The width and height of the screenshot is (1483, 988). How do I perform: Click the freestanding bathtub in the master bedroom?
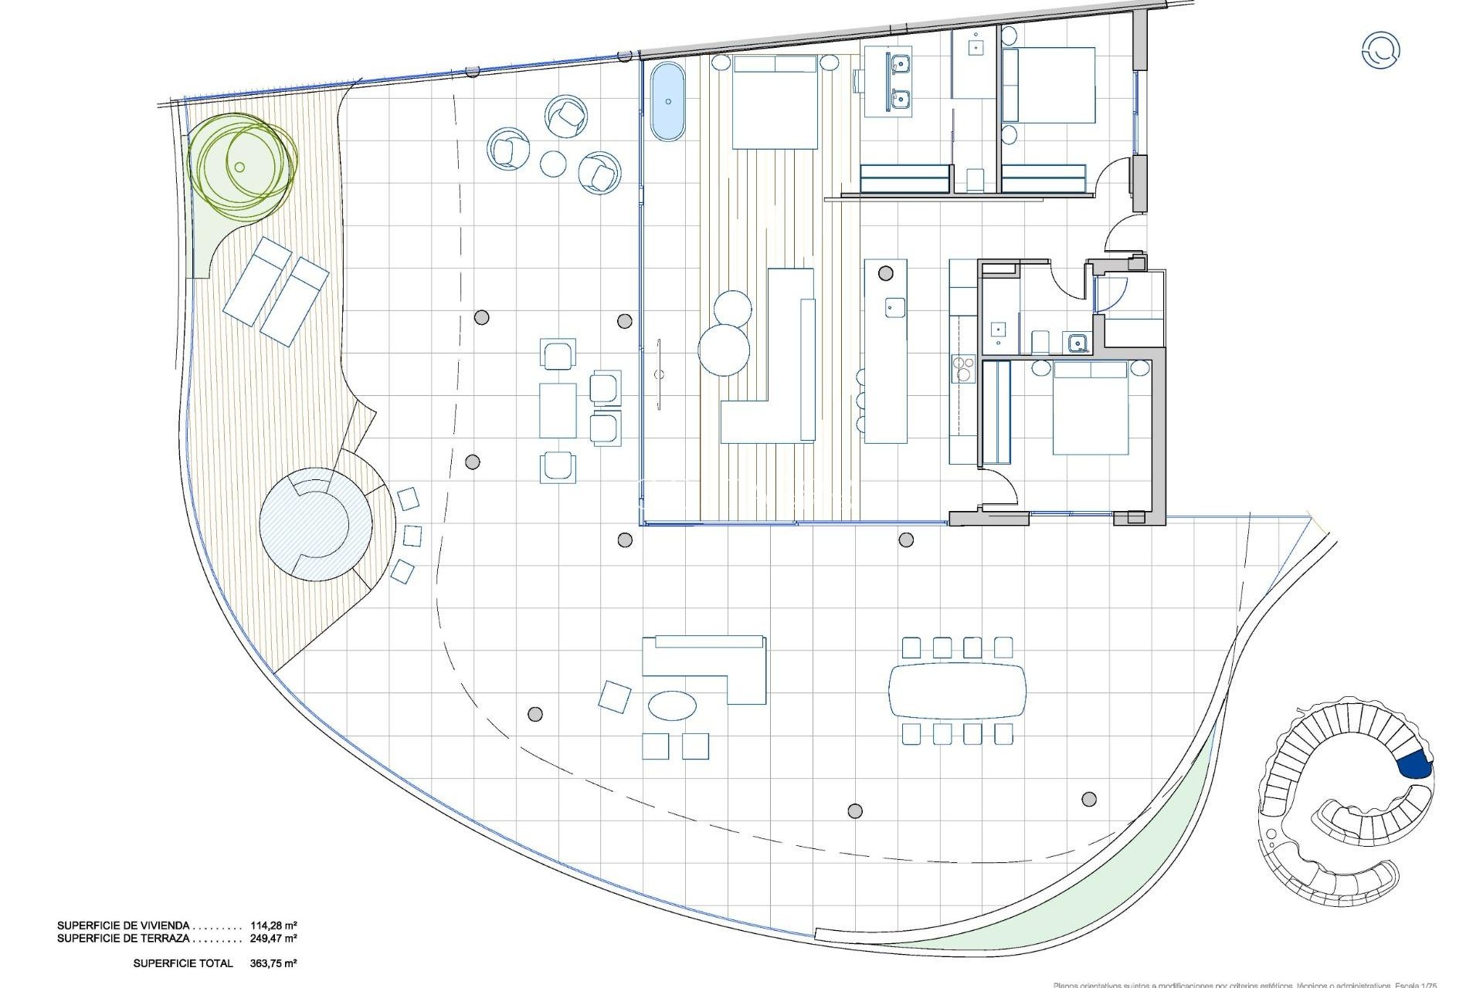[667, 103]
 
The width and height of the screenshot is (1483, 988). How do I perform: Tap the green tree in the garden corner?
[241, 167]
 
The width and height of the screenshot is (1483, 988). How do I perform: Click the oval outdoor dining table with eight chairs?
[958, 690]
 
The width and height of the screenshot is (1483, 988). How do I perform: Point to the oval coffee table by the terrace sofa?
[671, 705]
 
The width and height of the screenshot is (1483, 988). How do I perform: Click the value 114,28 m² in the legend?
[273, 925]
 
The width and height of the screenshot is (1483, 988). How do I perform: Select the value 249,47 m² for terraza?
[273, 939]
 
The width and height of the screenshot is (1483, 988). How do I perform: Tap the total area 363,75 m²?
[273, 963]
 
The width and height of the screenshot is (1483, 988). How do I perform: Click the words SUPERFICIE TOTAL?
[183, 963]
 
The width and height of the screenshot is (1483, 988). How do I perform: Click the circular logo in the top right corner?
[1380, 51]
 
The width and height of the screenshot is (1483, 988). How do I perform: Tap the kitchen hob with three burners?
[963, 369]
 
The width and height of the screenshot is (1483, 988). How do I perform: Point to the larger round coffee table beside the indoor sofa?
[724, 350]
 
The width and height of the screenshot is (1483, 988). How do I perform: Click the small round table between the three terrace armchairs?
[554, 164]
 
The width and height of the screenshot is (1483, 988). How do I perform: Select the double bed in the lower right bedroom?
[1091, 409]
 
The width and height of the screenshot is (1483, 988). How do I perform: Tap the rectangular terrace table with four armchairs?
[558, 410]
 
